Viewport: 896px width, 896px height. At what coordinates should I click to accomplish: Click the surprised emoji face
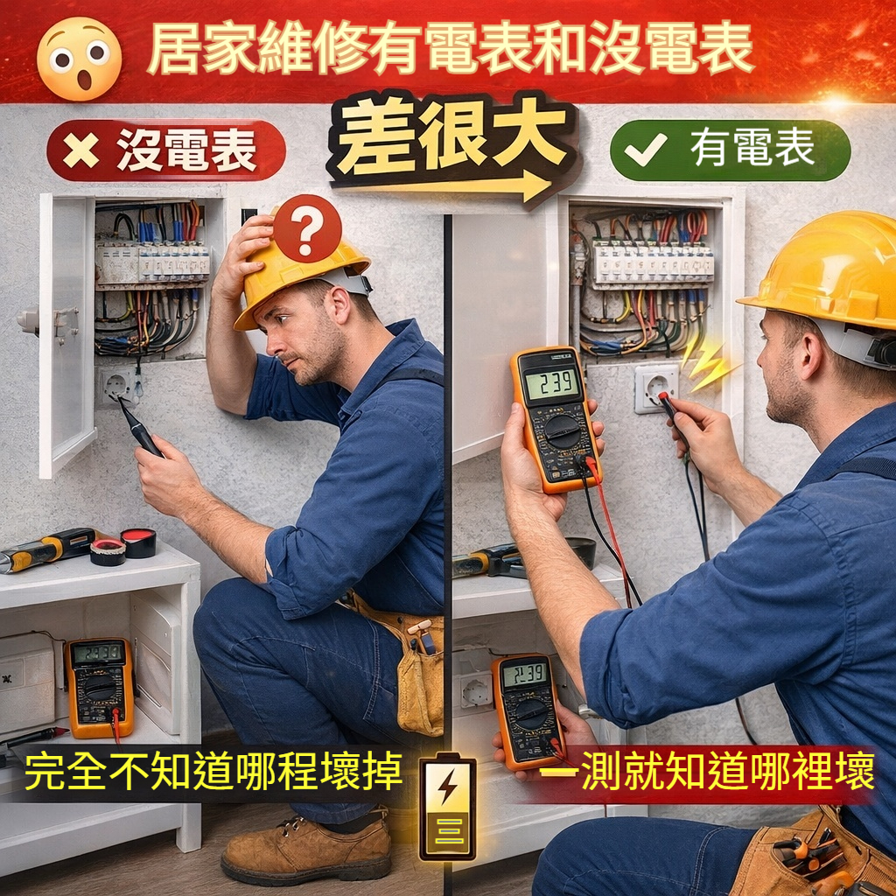(79, 59)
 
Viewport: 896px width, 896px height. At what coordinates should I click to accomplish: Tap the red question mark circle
(307, 228)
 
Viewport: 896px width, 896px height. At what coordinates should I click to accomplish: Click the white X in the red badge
(80, 150)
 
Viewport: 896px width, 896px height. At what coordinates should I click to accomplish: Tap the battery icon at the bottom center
(447, 806)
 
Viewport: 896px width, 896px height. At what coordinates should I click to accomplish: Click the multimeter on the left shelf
(100, 688)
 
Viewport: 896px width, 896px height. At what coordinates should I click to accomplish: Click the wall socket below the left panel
(118, 386)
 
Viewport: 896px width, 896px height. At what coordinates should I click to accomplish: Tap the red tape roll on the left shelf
(137, 542)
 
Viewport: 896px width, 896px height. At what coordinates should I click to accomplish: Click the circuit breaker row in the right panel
(653, 263)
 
